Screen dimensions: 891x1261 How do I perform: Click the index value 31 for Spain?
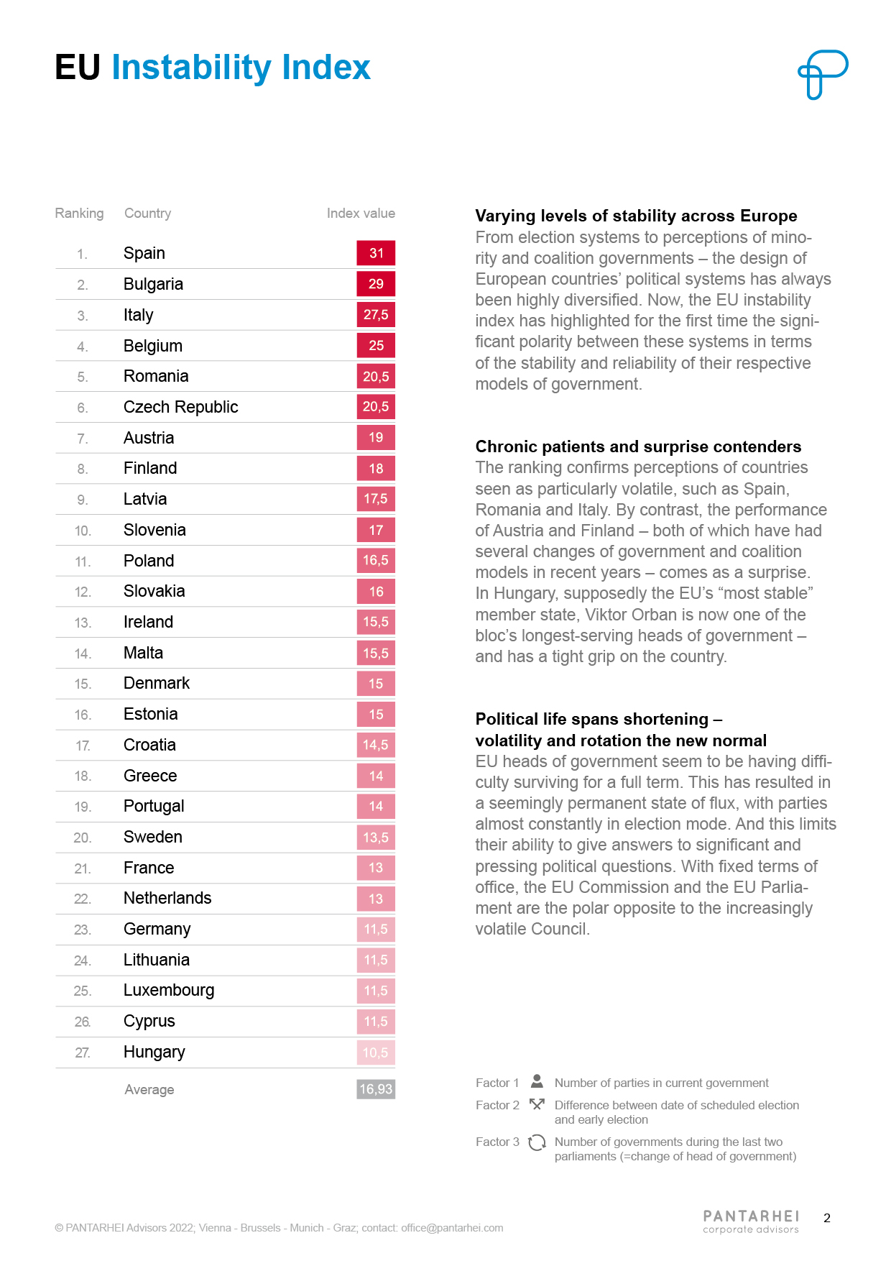click(x=376, y=253)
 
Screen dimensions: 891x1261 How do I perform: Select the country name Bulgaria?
click(x=153, y=284)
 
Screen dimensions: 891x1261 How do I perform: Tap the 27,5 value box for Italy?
click(x=376, y=315)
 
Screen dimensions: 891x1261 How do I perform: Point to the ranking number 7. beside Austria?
click(x=83, y=439)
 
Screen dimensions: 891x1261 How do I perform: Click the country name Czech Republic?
click(x=180, y=407)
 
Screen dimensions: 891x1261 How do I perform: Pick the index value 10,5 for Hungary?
click(x=376, y=1053)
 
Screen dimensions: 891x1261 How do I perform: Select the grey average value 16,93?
click(x=376, y=1089)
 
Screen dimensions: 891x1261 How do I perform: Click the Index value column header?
click(x=361, y=214)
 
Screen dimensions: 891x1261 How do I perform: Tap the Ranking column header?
click(x=79, y=214)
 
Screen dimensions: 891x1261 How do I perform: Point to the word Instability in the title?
click(x=190, y=68)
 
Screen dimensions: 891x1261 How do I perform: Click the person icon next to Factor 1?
click(x=537, y=1081)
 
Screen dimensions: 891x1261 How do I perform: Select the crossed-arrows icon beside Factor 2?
click(x=537, y=1104)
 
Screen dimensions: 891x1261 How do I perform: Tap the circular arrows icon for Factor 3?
click(x=537, y=1142)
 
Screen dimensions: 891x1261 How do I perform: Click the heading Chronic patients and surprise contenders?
click(x=638, y=446)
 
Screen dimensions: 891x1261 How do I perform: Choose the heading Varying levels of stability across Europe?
click(x=636, y=216)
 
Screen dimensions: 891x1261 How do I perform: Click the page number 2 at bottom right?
click(x=827, y=1218)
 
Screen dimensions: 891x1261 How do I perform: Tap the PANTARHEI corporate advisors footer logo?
click(x=751, y=1221)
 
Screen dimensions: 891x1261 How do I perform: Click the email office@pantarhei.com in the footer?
click(x=452, y=1228)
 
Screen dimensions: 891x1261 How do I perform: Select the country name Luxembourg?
click(x=169, y=991)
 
